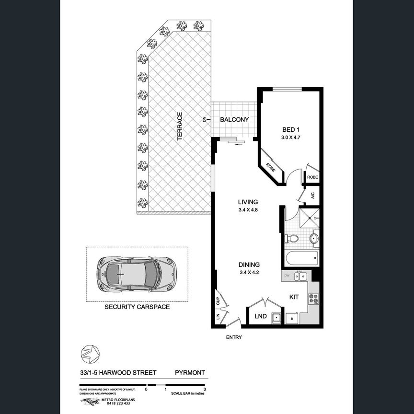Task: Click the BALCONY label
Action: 234,120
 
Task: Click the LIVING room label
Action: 248,202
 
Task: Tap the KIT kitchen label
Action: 294,297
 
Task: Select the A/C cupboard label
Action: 312,195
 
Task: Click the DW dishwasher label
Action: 287,276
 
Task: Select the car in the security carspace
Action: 136,274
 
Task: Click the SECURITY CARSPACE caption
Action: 137,307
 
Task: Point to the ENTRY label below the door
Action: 235,337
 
